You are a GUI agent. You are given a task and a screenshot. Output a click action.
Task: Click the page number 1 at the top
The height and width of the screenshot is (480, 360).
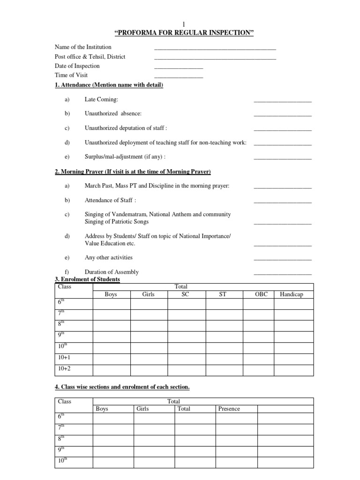(184, 24)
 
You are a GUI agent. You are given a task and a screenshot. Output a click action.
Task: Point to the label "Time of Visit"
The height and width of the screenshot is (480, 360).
(71, 75)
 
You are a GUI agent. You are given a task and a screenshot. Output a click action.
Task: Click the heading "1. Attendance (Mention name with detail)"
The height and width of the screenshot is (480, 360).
(109, 85)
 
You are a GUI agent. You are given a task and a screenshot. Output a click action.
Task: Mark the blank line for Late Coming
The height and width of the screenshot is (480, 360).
(282, 101)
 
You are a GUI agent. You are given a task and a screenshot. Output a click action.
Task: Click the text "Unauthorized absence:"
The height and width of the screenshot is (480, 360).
(113, 113)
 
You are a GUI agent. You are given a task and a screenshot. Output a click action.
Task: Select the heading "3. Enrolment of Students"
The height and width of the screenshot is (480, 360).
(87, 279)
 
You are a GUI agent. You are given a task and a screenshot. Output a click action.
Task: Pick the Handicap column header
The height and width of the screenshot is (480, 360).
(292, 294)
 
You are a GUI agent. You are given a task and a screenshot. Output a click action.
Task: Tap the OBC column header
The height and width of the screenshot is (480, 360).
(261, 294)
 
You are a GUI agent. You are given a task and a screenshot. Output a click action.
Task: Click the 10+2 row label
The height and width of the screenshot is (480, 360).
(64, 369)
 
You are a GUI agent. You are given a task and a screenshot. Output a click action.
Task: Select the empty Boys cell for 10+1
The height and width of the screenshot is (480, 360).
(111, 358)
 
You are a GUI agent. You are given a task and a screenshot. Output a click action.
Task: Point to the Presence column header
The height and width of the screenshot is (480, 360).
(229, 409)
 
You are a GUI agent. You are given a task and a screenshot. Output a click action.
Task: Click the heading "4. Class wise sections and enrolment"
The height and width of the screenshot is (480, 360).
(122, 387)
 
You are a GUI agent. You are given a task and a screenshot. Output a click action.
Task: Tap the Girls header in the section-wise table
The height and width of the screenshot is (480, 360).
(142, 409)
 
